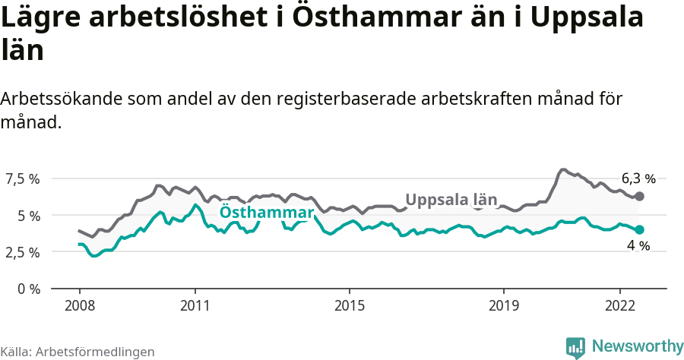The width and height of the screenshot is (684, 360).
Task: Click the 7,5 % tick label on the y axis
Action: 23,179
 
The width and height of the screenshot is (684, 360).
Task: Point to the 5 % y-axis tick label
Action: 29,216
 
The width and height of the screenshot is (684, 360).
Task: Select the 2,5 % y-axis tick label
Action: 23,252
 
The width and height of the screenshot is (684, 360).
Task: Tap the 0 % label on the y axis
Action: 29,289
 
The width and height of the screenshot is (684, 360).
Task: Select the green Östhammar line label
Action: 267,213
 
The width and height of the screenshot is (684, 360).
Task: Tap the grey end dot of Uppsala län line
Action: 639,197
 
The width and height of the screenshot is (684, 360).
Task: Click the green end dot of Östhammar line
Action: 639,229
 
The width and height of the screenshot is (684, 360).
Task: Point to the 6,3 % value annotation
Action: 638,179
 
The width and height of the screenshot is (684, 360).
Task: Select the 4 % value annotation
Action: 638,246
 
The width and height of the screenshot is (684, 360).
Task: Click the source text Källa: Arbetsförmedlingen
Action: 78,352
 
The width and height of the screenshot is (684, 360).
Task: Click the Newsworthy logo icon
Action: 575,347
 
